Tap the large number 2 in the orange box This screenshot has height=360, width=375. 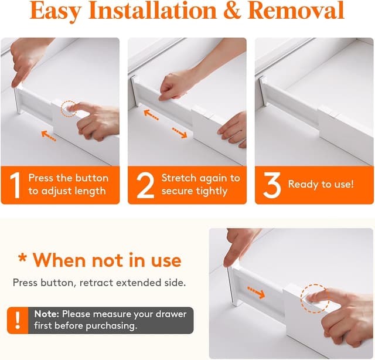(x=143, y=184)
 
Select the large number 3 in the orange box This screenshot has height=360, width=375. (x=271, y=184)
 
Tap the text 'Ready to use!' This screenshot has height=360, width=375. (x=321, y=184)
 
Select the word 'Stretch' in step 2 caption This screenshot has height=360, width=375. (x=178, y=178)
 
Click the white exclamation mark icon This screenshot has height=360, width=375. (x=18, y=320)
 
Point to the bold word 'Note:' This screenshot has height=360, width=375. (x=46, y=314)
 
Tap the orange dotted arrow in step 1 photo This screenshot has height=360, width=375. (x=49, y=135)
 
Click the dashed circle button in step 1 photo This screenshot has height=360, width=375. (x=70, y=107)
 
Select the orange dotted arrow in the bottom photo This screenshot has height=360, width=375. (x=257, y=289)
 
